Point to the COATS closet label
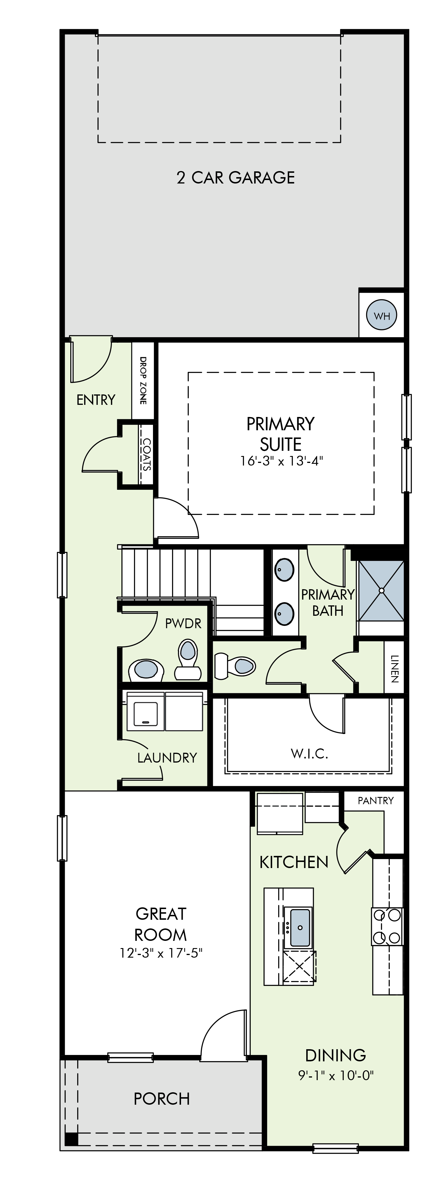[146, 455]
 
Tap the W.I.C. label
[309, 754]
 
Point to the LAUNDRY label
[167, 757]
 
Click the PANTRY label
[376, 800]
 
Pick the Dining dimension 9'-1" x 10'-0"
[336, 1075]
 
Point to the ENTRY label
[95, 400]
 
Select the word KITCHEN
[294, 863]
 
